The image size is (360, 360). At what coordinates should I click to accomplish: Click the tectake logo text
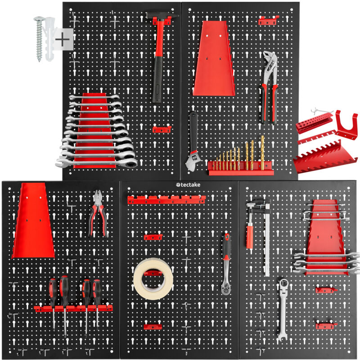point(188,185)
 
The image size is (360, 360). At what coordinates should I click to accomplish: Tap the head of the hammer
point(162,16)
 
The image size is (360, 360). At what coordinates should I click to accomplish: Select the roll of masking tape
point(153,279)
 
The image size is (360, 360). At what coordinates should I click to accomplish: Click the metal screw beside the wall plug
point(39,38)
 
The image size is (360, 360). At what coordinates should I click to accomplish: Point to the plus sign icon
point(62,40)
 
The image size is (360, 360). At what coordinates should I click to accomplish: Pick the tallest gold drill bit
point(262,152)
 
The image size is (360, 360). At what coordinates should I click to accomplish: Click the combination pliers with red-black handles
point(98,213)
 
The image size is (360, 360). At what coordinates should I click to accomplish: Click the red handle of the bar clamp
point(250,237)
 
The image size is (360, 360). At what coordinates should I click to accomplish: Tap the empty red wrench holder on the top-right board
point(214,58)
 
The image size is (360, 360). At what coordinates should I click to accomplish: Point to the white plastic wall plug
point(50,39)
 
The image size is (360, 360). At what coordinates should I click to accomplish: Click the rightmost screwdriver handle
point(97,292)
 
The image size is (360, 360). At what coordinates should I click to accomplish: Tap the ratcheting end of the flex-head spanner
point(284,285)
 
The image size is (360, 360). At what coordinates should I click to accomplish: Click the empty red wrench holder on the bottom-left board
point(33,220)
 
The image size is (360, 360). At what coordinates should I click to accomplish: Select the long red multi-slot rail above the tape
point(166,200)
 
